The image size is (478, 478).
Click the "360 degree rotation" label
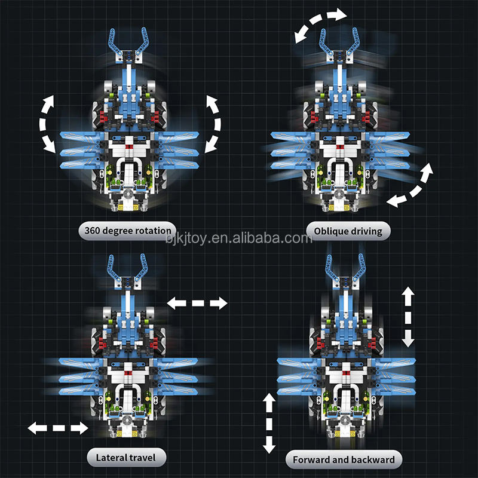128,230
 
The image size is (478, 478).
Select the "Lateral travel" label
125,458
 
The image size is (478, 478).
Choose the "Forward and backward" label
343,459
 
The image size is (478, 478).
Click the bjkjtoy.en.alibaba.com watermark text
239,238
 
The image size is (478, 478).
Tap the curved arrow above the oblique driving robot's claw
320,24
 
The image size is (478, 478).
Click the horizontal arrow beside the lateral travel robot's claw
197,304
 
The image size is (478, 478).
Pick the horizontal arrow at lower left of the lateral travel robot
58,428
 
